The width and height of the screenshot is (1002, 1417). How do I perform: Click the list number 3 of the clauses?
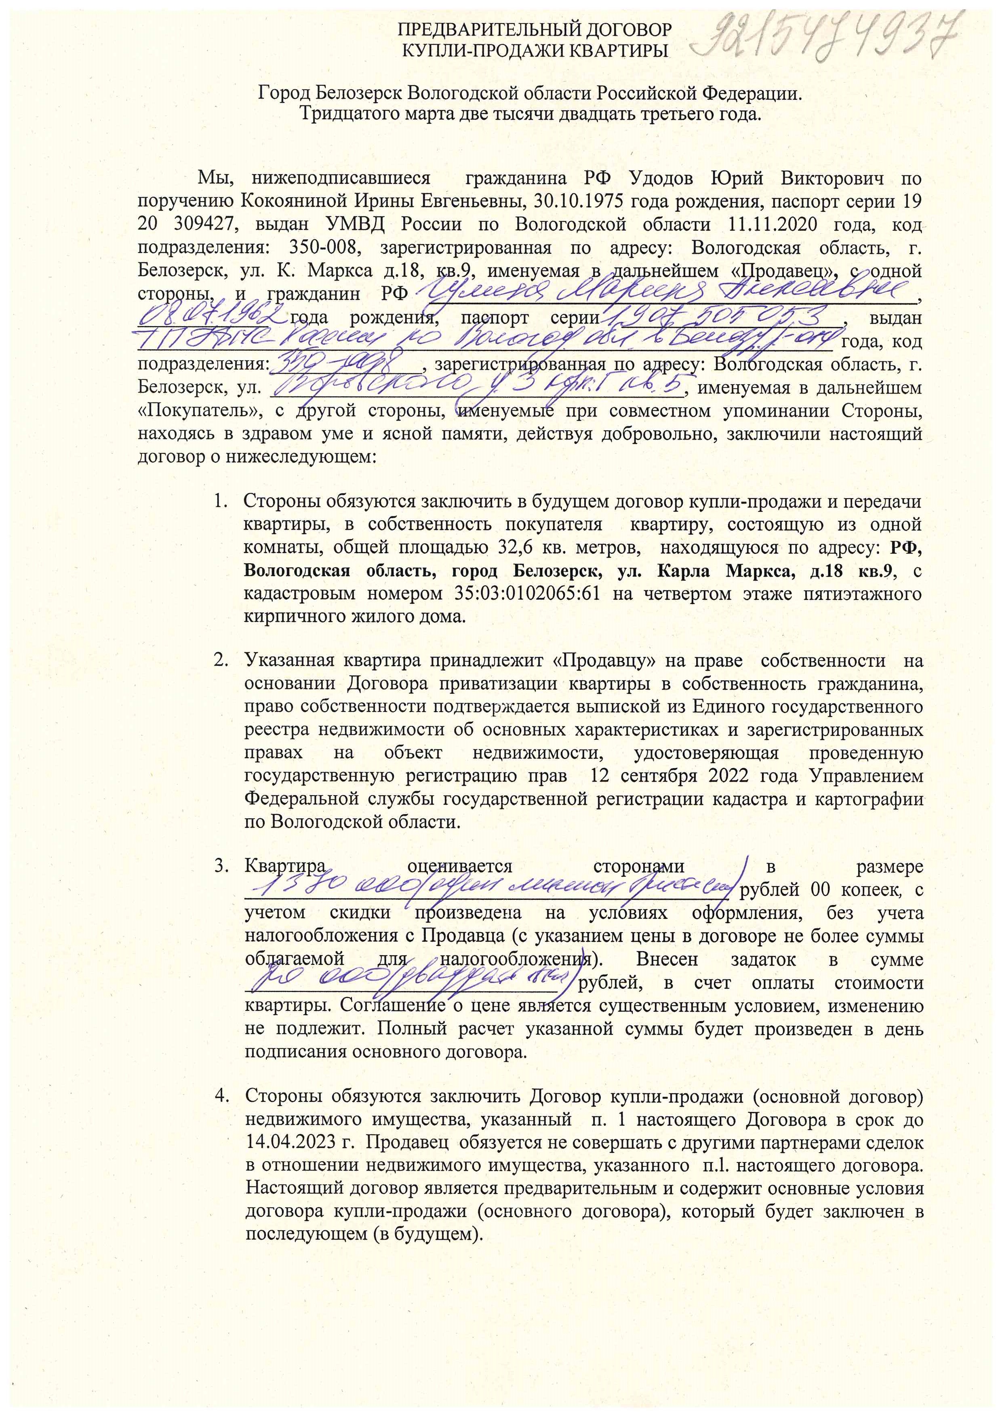220,867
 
